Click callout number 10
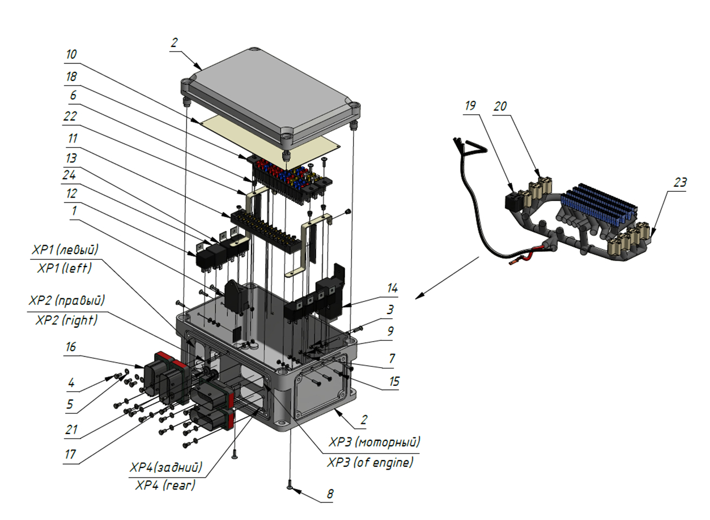71,54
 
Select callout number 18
71,76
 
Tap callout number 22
70,116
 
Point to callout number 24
70,175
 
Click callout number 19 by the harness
470,106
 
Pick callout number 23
680,182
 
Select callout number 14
393,289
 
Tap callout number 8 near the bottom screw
330,494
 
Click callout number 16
71,347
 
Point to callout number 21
71,430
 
